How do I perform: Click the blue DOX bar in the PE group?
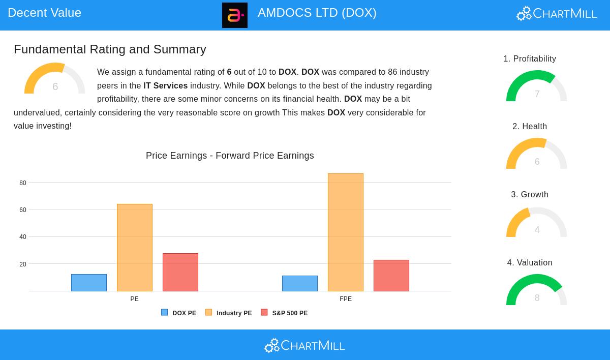(89, 283)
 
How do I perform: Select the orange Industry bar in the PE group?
(135, 248)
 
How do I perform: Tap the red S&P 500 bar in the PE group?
(180, 272)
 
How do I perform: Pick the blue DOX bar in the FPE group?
(300, 283)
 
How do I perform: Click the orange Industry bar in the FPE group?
(346, 232)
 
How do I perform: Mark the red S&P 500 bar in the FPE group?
(391, 276)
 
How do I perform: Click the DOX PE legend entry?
(178, 313)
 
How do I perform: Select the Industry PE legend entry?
(228, 313)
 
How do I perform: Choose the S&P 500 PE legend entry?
(284, 313)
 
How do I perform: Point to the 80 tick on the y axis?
(23, 183)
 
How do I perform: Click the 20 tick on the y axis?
(23, 264)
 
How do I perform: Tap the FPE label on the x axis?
(346, 299)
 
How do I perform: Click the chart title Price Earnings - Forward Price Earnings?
(230, 156)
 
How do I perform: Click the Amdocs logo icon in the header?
(235, 15)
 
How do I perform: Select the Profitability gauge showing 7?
(537, 87)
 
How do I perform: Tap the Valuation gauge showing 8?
(537, 291)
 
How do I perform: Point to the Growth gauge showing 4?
(537, 223)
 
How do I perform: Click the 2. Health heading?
(530, 127)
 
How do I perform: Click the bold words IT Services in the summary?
(165, 86)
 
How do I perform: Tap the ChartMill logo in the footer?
(304, 346)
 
